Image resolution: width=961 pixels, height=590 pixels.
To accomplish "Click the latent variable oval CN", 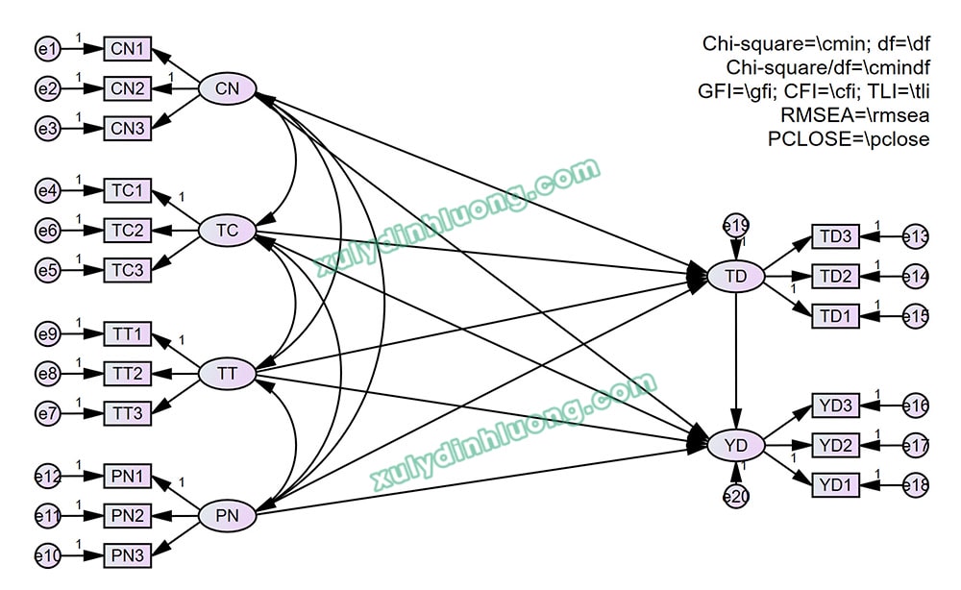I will [x=227, y=89].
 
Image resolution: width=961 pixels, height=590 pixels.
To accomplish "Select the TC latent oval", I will [x=227, y=231].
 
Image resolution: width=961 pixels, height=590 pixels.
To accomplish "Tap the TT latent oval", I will [x=227, y=374].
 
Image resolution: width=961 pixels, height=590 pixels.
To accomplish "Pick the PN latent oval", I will [x=227, y=516].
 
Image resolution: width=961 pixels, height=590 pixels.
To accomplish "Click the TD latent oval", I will [x=736, y=277].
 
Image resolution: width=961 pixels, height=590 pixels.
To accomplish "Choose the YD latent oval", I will [x=736, y=445].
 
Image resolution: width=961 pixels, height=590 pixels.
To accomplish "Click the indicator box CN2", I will [x=128, y=89].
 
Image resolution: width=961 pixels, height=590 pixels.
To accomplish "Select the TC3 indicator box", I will [x=128, y=270].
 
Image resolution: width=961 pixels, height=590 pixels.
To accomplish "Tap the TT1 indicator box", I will [x=128, y=334].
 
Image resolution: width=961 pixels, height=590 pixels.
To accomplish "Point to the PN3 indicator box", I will [x=128, y=555].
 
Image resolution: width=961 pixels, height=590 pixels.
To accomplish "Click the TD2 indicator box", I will [x=836, y=277].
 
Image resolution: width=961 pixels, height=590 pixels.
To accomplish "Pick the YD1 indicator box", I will [x=836, y=485].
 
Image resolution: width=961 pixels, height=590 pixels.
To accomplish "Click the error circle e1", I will [x=47, y=48].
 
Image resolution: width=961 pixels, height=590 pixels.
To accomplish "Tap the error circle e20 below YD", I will [x=736, y=496].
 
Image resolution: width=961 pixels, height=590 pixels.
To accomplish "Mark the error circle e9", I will [x=47, y=334].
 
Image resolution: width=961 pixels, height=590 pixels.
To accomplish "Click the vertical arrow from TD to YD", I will [x=736, y=360].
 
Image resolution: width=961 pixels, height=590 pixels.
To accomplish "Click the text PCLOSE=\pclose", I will [x=849, y=139].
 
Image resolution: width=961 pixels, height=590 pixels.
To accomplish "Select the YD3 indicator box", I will [x=836, y=406].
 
